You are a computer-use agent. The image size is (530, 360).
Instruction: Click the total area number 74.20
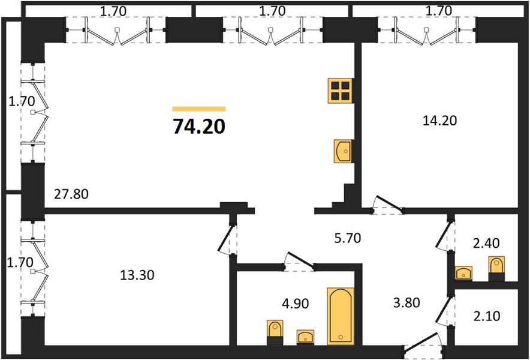click(199, 127)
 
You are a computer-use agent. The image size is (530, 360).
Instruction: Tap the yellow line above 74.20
click(199, 109)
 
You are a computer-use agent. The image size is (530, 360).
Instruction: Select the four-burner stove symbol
click(341, 91)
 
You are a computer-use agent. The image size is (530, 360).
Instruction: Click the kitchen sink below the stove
click(344, 151)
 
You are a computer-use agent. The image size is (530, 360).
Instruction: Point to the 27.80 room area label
click(71, 194)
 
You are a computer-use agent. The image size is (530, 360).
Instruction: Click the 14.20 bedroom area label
click(439, 121)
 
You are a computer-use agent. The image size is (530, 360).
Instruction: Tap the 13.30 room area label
click(137, 275)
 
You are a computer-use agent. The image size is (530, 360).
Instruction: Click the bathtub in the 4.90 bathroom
click(341, 316)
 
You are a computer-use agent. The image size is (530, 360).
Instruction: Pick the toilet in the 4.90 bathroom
click(275, 332)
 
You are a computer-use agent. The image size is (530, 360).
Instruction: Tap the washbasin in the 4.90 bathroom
click(306, 337)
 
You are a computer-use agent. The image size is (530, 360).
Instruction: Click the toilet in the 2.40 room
click(496, 269)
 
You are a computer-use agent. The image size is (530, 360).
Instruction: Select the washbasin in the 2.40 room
click(464, 273)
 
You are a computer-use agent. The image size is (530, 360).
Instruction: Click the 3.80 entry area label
click(406, 302)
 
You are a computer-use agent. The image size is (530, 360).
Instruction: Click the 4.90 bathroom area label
click(295, 304)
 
